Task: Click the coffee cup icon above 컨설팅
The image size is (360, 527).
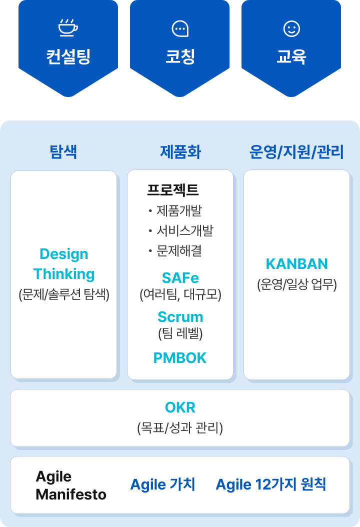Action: pos(68,28)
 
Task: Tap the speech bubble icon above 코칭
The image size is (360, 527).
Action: pos(179,29)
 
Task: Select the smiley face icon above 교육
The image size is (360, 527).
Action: pos(291,28)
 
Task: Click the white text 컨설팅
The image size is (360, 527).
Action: pos(68,56)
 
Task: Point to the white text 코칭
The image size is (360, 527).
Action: pos(179,56)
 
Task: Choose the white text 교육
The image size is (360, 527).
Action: pos(291,56)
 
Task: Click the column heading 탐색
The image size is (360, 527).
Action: pos(63,151)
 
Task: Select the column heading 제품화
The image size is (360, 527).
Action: pos(180,151)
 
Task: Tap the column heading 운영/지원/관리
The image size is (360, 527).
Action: pos(296,151)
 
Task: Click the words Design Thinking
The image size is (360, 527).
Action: pos(64,264)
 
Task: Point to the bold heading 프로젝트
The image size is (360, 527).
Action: pos(172,190)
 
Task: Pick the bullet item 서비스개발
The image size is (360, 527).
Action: pos(184,230)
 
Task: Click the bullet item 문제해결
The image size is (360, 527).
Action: pos(179,250)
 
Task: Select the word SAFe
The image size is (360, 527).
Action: pos(180,277)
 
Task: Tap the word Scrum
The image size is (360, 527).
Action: pos(180,317)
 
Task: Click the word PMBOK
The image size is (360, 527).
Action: pos(180,357)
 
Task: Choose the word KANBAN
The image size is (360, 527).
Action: pos(296,263)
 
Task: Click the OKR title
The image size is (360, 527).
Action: pos(180,407)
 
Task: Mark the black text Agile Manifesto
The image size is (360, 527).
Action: pos(70,485)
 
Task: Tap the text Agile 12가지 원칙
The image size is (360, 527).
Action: pos(270,484)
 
